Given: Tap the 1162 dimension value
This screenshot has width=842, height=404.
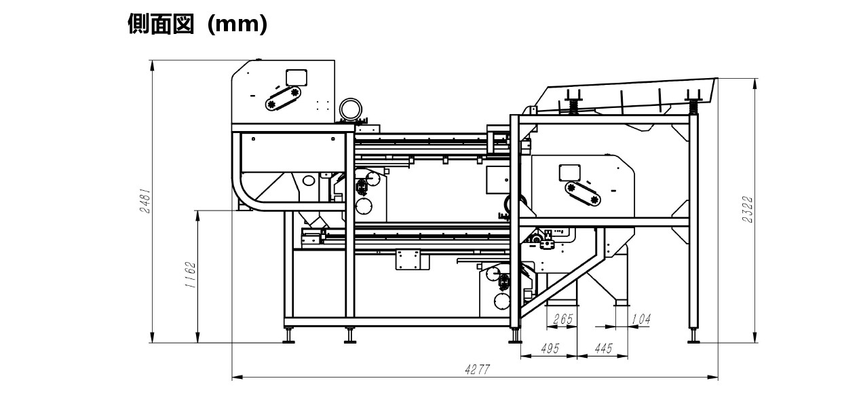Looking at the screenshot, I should click(191, 275).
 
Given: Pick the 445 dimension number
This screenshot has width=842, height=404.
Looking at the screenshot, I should click(602, 349).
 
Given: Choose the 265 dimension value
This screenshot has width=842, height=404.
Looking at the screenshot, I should click(563, 319).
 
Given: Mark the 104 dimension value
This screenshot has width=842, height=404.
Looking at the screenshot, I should click(640, 319).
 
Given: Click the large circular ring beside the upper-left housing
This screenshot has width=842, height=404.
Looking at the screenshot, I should click(351, 109).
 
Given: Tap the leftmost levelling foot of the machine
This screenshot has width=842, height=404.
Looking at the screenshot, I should click(289, 335).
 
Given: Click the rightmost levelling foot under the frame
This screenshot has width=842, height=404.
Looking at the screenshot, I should click(693, 335).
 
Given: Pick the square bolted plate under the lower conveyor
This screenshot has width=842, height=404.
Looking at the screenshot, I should click(409, 259).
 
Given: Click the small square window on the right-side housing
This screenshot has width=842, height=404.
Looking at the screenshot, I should click(569, 172).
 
